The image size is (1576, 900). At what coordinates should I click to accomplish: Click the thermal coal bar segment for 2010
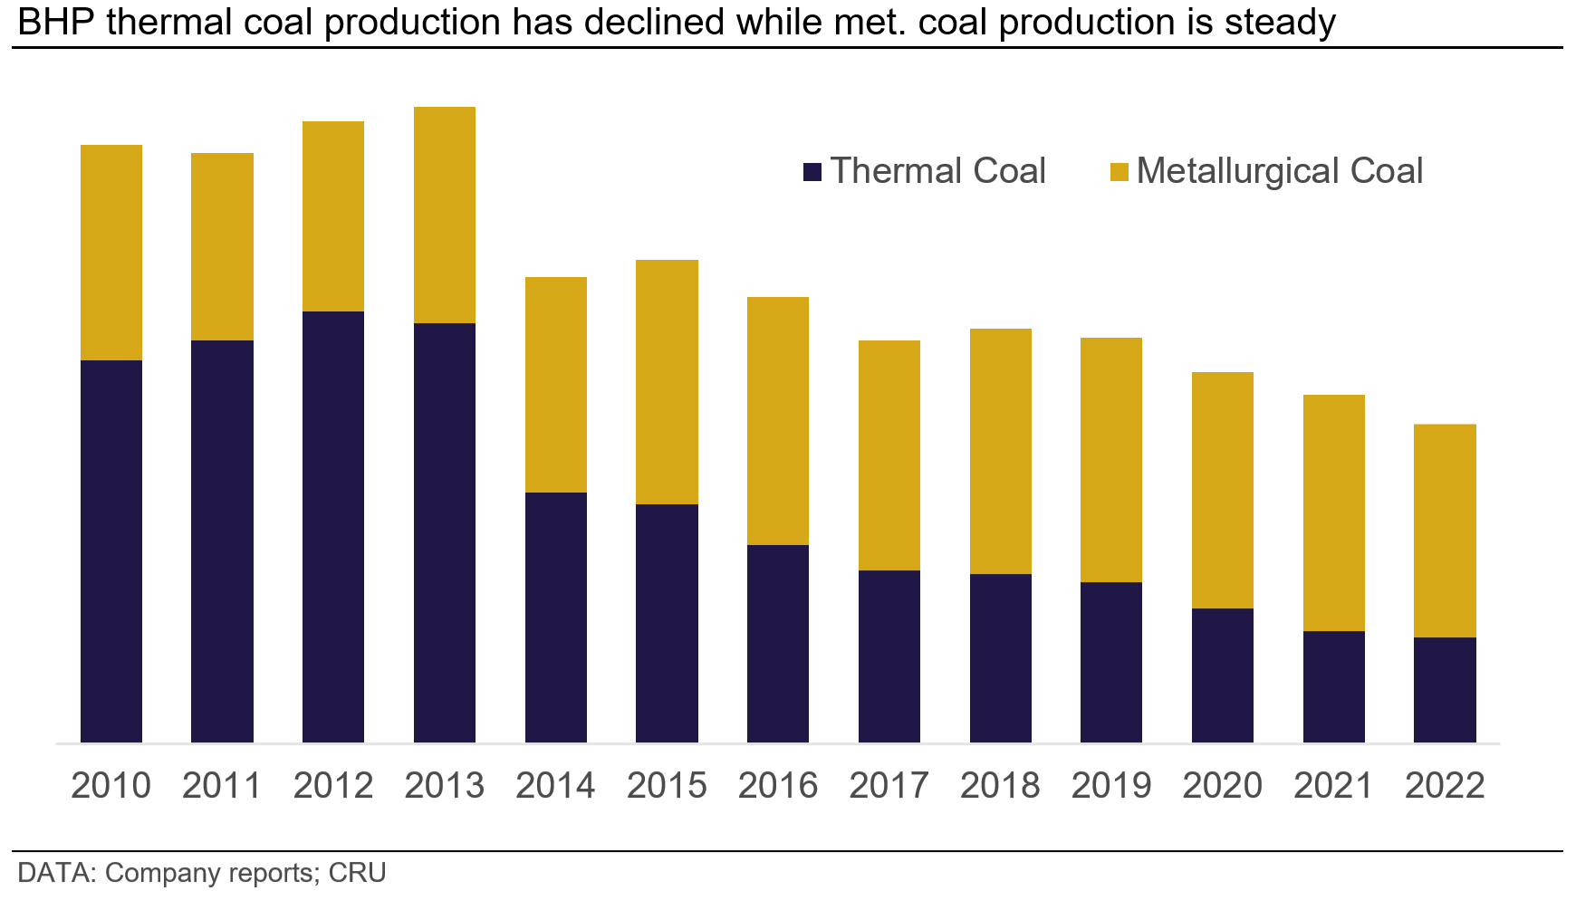click(x=111, y=551)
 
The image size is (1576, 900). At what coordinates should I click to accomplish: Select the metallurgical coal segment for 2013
click(x=445, y=215)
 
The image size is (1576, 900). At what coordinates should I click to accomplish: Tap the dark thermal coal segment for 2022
click(x=1445, y=690)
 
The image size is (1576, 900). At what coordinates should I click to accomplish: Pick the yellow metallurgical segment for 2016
click(x=778, y=420)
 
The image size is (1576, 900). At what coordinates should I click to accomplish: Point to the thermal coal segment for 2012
click(x=333, y=526)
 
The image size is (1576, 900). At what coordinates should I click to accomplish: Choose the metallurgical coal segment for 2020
click(x=1223, y=490)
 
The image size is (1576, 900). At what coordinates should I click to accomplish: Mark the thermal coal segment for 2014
click(x=556, y=617)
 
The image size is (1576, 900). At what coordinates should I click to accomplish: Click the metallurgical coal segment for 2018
click(x=1001, y=451)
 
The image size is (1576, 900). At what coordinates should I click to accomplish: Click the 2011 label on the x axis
click(x=222, y=785)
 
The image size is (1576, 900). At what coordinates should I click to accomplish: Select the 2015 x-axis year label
click(x=667, y=785)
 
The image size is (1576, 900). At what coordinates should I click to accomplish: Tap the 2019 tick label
click(x=1111, y=785)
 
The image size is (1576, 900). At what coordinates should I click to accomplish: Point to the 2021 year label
click(x=1333, y=785)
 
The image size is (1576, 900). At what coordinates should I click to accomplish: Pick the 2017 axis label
click(x=889, y=785)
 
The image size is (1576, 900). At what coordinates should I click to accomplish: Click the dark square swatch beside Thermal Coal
click(x=812, y=172)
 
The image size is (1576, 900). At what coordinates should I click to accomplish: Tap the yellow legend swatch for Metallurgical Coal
click(x=1120, y=172)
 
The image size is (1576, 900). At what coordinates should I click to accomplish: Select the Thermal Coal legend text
click(x=937, y=171)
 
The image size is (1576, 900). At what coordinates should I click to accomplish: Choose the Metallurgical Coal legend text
click(x=1279, y=171)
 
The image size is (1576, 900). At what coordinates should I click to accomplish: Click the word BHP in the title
click(x=56, y=22)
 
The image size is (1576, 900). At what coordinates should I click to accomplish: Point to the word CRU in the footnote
click(x=357, y=873)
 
